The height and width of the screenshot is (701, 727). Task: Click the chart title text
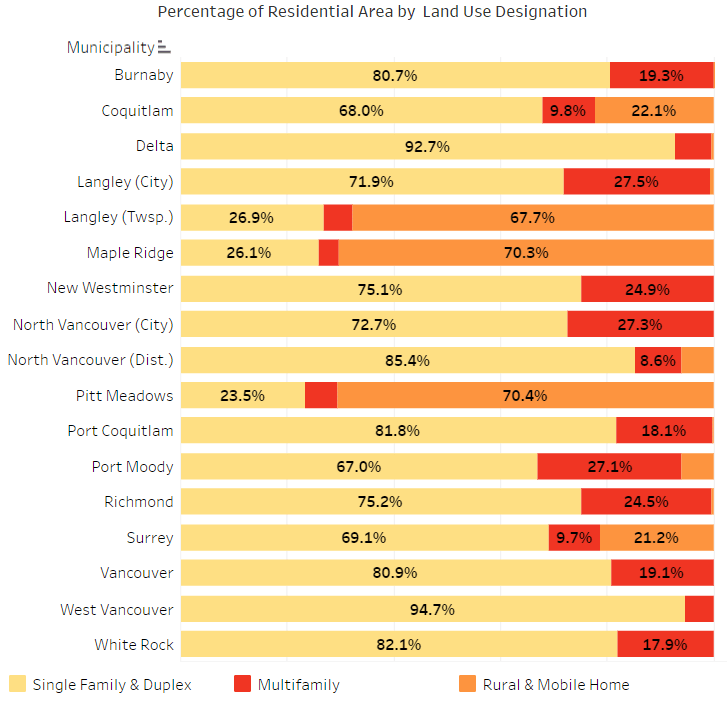point(372,12)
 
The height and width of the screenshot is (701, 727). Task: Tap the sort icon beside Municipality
point(165,48)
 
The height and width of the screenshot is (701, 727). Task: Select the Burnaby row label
point(143,75)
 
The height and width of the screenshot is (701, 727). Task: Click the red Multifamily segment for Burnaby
point(661,75)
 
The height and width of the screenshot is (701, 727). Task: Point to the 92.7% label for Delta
point(427,146)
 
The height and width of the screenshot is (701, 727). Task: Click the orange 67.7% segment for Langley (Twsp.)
point(532,217)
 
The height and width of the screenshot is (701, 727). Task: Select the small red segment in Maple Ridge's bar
point(328,253)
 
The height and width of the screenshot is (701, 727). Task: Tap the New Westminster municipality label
point(110,288)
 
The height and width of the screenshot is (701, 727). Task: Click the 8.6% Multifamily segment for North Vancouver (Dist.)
point(657,360)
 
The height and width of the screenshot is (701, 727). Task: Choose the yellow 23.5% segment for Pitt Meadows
point(242,395)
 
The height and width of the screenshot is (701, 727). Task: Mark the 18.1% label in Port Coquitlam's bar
point(663,431)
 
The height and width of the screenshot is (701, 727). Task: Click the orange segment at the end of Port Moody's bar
point(697,467)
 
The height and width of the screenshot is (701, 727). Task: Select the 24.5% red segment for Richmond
point(646,502)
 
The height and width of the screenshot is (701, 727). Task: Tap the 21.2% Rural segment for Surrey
point(656,538)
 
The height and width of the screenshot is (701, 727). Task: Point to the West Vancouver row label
point(116,609)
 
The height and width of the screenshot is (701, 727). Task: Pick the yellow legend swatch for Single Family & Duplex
point(18,684)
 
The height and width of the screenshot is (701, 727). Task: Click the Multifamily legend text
point(298,685)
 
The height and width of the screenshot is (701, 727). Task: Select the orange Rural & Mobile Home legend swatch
point(467,684)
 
